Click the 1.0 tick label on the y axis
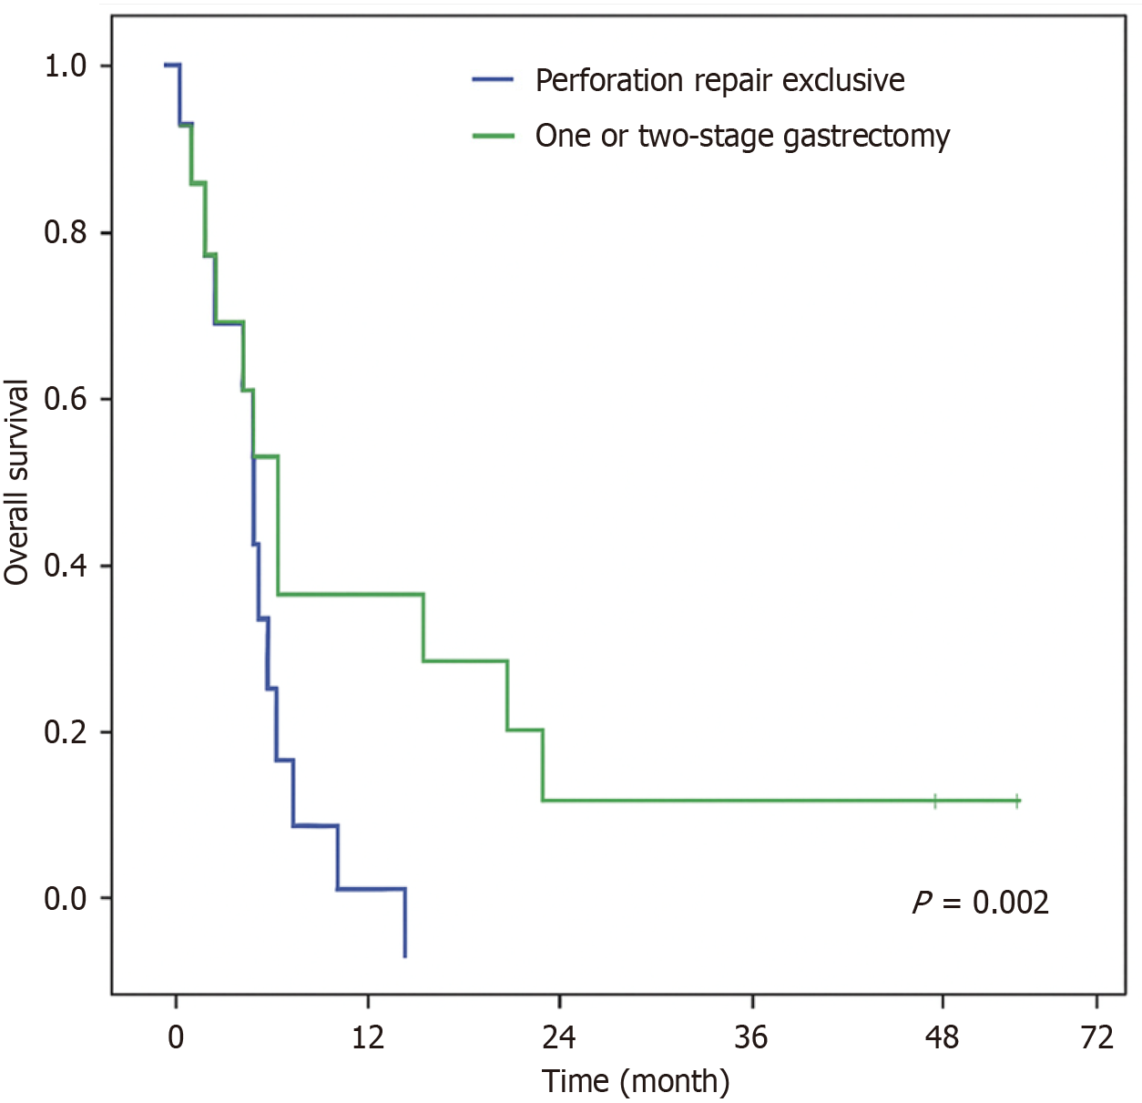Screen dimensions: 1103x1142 pyautogui.click(x=65, y=66)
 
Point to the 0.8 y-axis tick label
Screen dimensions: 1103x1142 pyautogui.click(x=65, y=232)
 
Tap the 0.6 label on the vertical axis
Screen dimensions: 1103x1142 pyautogui.click(x=65, y=399)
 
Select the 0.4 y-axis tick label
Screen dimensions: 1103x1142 pyautogui.click(x=65, y=566)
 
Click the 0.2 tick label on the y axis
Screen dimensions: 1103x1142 pyautogui.click(x=65, y=732)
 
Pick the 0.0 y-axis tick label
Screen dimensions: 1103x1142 pyautogui.click(x=65, y=899)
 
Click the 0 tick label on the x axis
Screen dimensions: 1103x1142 pyautogui.click(x=176, y=1037)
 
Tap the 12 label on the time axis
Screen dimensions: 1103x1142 pyautogui.click(x=368, y=1037)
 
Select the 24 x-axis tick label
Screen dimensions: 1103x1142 pyautogui.click(x=559, y=1037)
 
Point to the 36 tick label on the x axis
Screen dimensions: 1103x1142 pyautogui.click(x=751, y=1037)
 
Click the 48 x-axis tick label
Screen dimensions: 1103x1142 pyautogui.click(x=943, y=1037)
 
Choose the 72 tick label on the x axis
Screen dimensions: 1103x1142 pyautogui.click(x=1096, y=1037)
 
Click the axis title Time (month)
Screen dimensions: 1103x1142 pyautogui.click(x=636, y=1081)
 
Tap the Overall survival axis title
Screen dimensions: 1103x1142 pyautogui.click(x=17, y=482)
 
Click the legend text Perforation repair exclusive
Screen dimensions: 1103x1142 pyautogui.click(x=719, y=81)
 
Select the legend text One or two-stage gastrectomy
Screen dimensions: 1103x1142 pyautogui.click(x=742, y=136)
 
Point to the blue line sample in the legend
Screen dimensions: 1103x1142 pyautogui.click(x=493, y=80)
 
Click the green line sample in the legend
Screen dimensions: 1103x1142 pyautogui.click(x=493, y=136)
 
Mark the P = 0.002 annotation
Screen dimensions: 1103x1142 pyautogui.click(x=981, y=903)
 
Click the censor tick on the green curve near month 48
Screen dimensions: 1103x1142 pyautogui.click(x=935, y=801)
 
